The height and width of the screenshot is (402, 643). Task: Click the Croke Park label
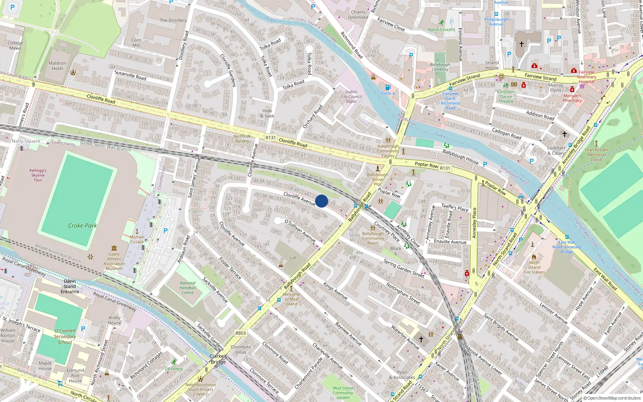[82, 226]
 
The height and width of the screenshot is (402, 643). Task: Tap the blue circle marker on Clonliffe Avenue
[321, 201]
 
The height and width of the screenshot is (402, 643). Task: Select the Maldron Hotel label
[57, 66]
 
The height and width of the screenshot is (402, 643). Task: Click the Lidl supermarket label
[293, 258]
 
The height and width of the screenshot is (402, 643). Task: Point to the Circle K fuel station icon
[388, 87]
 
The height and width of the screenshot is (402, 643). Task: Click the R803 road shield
[240, 333]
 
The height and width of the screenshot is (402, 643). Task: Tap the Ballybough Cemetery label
[440, 67]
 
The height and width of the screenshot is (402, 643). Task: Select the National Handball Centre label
[188, 288]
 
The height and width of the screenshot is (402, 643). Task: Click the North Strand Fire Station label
[534, 267]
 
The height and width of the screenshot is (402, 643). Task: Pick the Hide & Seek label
[267, 113]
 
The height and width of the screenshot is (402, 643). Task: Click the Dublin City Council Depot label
[351, 96]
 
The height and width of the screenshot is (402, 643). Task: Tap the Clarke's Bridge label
[218, 359]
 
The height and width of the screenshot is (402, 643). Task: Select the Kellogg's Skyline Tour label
[38, 175]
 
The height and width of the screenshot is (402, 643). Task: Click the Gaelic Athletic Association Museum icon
[114, 248]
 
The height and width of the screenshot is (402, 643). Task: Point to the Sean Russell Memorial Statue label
[596, 154]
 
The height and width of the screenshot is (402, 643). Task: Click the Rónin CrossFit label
[442, 29]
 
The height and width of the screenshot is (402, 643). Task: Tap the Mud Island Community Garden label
[343, 393]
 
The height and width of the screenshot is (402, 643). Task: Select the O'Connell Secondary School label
[65, 336]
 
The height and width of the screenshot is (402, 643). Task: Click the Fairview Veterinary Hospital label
[586, 77]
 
